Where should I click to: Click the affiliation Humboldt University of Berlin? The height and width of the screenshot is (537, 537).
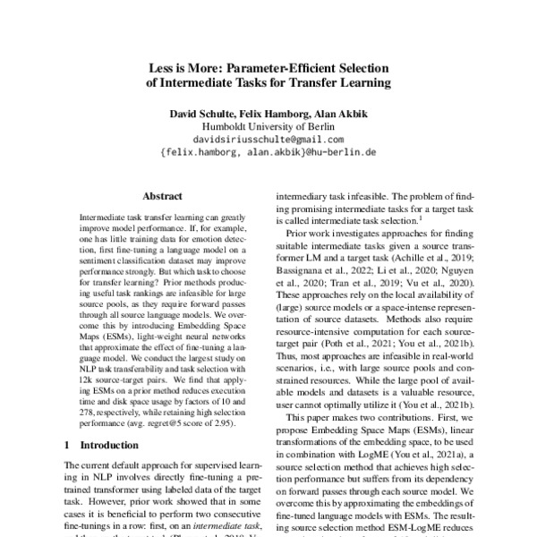[x=268, y=126]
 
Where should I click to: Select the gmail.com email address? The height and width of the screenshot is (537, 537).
[x=268, y=140]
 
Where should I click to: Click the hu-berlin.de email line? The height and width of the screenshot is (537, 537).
[x=268, y=153]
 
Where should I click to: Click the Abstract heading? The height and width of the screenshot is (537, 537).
[x=164, y=194]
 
